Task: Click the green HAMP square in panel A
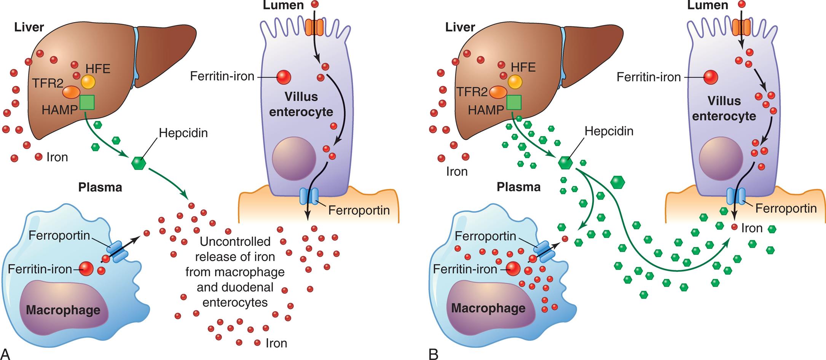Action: (x=87, y=103)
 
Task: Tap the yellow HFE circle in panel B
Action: (x=515, y=82)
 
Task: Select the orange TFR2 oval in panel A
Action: (x=71, y=92)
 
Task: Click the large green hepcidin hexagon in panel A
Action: (x=139, y=163)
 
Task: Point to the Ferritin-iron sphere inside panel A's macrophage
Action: (x=86, y=269)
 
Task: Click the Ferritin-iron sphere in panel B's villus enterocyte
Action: (x=711, y=77)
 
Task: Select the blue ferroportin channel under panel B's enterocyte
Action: (x=736, y=196)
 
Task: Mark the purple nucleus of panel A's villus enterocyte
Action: (x=294, y=159)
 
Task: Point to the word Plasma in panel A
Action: (x=100, y=187)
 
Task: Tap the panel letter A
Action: (x=5, y=354)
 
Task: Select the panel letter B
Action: (x=433, y=354)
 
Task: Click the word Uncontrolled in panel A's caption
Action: (x=235, y=242)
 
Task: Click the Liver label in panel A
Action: (x=29, y=27)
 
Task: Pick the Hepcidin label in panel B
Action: (x=609, y=131)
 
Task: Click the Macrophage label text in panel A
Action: (x=63, y=310)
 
